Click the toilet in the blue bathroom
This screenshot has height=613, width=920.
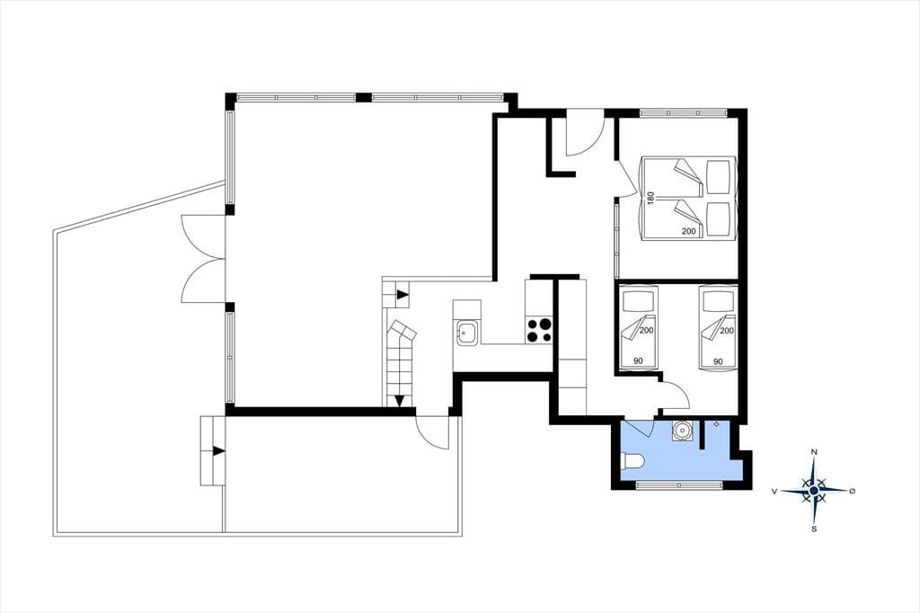632,461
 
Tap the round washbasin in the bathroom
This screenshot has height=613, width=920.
682,431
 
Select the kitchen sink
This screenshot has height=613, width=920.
466,333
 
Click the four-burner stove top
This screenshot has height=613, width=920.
539,330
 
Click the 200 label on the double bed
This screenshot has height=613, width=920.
689,231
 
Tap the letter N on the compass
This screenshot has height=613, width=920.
814,451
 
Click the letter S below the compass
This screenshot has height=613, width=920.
814,529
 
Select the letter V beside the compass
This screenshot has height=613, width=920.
775,491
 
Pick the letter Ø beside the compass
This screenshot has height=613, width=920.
852,490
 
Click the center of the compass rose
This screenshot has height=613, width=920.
814,490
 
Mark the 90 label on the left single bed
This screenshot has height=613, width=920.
638,361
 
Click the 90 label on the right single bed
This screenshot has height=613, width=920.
718,361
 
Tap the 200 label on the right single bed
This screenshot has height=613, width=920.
726,331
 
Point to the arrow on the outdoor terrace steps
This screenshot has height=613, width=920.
218,451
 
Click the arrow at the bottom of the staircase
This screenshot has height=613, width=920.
399,401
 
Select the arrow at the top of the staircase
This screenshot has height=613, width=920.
402,295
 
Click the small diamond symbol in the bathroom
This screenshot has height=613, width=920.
716,424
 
